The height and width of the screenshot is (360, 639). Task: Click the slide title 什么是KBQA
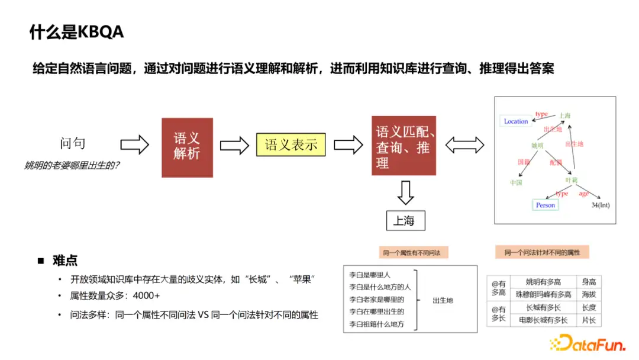coord(76,32)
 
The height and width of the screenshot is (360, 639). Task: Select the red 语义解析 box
coord(187,147)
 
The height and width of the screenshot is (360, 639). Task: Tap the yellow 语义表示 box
coord(291,144)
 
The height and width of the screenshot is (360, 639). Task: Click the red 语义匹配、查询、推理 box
coord(404,146)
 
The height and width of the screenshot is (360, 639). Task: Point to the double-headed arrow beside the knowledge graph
coord(464,144)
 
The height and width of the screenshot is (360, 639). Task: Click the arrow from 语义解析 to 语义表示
coord(234,144)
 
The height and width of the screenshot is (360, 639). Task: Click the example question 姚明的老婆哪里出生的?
coord(72,165)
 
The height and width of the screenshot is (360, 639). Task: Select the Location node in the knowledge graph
coord(515,121)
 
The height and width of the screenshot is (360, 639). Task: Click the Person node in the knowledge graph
coord(545,205)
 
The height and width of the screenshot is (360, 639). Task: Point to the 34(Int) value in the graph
coord(600,205)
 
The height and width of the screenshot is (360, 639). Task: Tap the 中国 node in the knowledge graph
coord(516,182)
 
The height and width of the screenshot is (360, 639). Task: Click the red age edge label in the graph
coord(583,193)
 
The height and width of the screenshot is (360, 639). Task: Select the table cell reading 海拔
coord(589,294)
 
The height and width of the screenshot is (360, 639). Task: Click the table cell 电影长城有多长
coord(543,320)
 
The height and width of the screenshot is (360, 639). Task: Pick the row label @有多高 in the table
coord(498,288)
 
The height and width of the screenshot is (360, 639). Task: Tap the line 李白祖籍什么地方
coord(376,324)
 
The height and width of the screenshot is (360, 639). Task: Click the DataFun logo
coord(589,342)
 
